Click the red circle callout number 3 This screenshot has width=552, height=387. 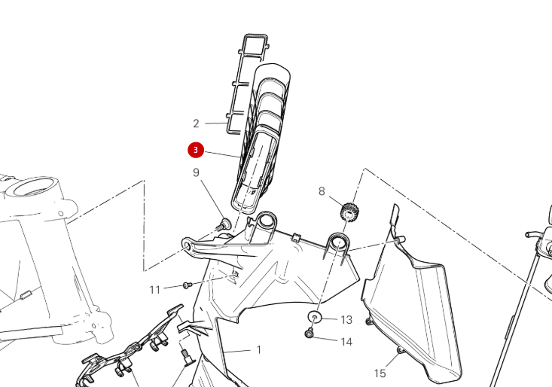pos(196,151)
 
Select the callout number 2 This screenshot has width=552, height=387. pos(196,123)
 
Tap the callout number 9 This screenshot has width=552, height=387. pos(196,173)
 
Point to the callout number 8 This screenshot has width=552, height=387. pos(322,191)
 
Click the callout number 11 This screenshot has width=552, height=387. pos(154,289)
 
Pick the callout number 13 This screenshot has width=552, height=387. pos(346,320)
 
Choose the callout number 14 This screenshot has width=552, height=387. pos(346,342)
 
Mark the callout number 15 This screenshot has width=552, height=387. pos(380,373)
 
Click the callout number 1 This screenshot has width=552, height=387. pos(259,350)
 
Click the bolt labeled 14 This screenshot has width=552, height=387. pos(309,334)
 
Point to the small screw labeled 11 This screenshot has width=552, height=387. pos(187,285)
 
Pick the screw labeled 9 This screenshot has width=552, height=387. pos(224,224)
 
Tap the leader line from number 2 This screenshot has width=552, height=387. pos(215,123)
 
